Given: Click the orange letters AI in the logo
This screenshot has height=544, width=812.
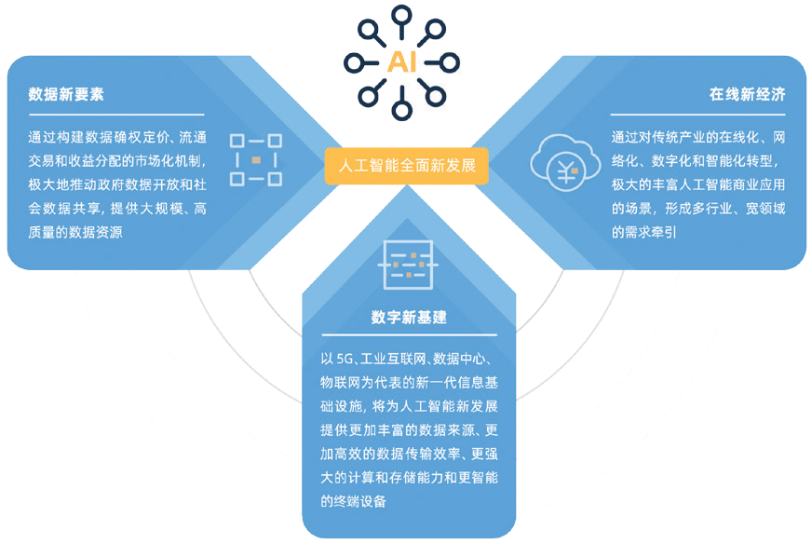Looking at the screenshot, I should tap(401, 63).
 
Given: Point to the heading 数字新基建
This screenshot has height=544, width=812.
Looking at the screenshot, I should tap(409, 317).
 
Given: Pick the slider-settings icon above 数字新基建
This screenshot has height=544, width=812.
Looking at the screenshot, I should tap(407, 265).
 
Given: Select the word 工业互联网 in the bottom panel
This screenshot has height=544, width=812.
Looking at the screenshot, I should tap(396, 359).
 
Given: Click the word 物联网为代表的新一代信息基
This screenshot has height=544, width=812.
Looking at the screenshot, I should tap(411, 383).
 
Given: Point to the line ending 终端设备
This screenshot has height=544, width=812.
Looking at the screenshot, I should tap(352, 502).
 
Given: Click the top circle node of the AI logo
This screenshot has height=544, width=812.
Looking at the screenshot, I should tap(401, 15).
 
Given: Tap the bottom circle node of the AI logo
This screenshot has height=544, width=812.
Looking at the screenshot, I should tap(401, 111).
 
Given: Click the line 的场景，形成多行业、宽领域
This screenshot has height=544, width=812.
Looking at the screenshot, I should tap(698, 208).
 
